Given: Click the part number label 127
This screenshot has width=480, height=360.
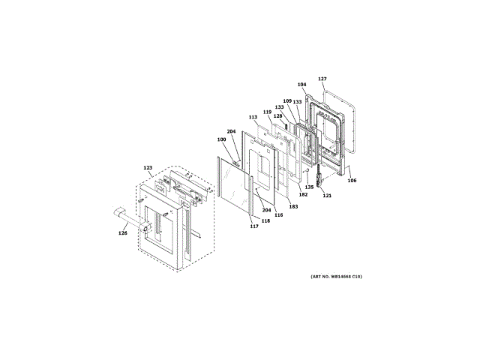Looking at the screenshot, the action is point(322,79).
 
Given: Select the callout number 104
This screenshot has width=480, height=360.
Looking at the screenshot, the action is point(301,84).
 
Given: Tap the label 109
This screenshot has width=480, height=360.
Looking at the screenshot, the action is point(287,100).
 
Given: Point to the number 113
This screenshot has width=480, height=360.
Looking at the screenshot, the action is point(253,117).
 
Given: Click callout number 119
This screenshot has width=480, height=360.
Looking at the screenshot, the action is point(267,112).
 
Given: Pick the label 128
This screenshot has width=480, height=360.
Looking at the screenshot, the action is point(277,116).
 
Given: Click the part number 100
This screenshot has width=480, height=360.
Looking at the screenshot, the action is point(221,139).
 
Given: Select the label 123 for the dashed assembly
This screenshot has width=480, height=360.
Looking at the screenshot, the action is point(148,168).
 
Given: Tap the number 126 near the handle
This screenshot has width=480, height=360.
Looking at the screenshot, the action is point(123,233).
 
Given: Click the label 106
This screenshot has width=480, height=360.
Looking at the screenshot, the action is point(352,180).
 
